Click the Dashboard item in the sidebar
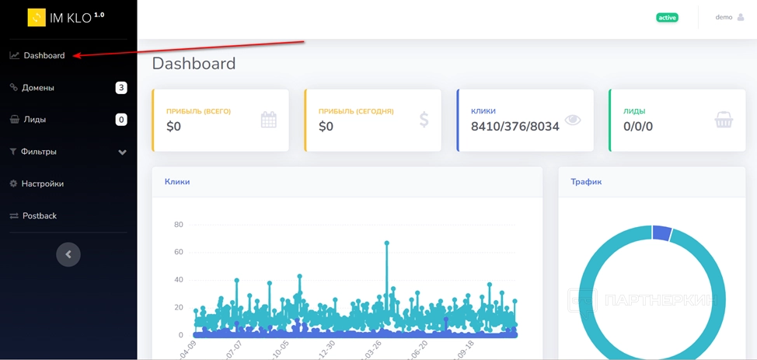click(44, 56)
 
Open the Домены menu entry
click(37, 88)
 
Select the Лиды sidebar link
click(34, 120)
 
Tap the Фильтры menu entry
click(38, 152)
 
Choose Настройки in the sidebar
click(42, 183)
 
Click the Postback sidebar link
click(39, 215)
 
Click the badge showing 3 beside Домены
click(121, 88)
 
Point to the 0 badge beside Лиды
click(121, 120)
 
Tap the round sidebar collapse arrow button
click(68, 254)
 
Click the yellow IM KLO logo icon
click(37, 17)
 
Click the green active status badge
click(667, 17)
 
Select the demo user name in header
click(724, 17)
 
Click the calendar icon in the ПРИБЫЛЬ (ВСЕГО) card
click(269, 120)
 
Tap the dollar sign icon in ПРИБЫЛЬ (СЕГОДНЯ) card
click(424, 120)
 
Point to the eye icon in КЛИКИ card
click(573, 120)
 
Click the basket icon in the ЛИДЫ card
click(724, 120)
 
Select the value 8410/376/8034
click(515, 126)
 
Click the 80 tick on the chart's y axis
click(179, 225)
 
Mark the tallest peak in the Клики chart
click(386, 243)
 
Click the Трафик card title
click(586, 182)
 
